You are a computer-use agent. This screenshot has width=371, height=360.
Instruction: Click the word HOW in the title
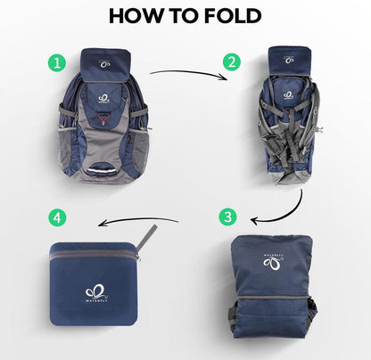pyautogui.click(x=133, y=16)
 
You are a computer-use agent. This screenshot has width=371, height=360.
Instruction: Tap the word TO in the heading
pyautogui.click(x=179, y=16)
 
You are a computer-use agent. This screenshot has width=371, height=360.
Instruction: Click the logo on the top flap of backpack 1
pyautogui.click(x=110, y=64)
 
